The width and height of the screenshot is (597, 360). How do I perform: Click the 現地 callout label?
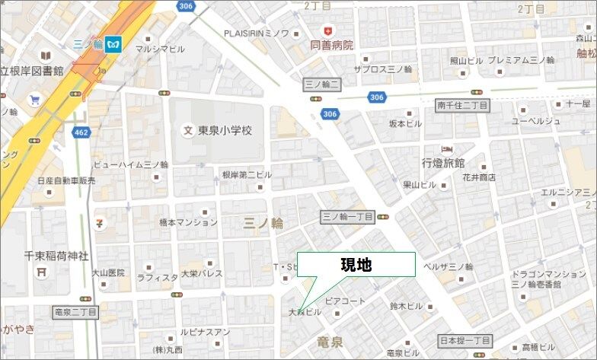[x=356, y=265]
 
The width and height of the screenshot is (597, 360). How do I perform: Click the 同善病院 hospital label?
[x=332, y=45]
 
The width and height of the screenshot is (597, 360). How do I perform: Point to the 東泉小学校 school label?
[x=225, y=130]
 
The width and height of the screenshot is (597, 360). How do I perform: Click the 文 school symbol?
[x=187, y=130]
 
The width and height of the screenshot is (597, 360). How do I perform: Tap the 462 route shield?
[x=81, y=132]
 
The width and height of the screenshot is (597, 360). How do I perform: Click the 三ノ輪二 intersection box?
[x=321, y=83]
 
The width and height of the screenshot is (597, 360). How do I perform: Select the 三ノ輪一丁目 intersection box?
[x=347, y=216]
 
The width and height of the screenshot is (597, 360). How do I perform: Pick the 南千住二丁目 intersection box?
[x=462, y=104]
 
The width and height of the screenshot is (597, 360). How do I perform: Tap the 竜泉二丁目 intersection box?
[x=76, y=312]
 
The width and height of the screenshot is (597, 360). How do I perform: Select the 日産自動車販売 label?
[x=66, y=181]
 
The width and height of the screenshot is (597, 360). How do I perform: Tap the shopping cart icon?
[x=34, y=100]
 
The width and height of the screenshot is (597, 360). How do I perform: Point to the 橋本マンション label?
[x=188, y=222]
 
